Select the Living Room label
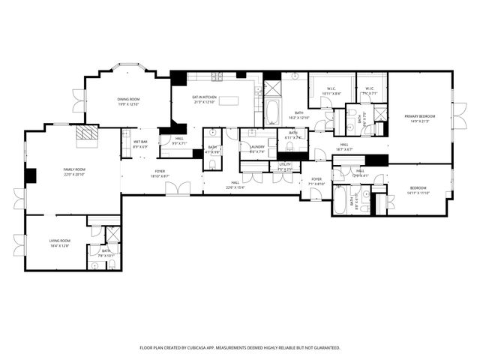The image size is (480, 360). point(59,241)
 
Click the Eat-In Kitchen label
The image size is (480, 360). point(204,97)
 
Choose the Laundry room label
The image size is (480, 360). point(257,148)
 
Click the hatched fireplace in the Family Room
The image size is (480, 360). point(88,133)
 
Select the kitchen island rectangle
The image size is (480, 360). point(227,100)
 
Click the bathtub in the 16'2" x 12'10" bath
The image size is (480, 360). point(271,112)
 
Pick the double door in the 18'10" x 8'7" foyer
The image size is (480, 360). point(178,188)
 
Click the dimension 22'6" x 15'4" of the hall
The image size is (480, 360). point(235,187)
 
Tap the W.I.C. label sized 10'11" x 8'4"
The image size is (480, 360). point(331,93)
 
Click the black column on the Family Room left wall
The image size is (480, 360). point(30,175)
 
